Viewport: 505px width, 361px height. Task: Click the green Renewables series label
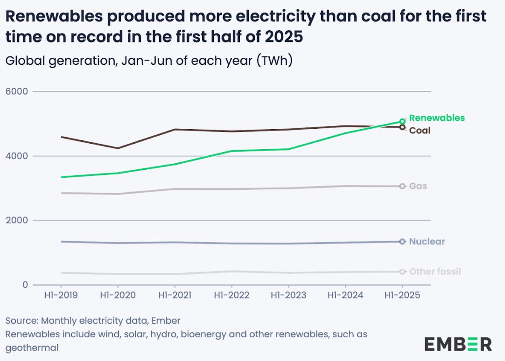click(436, 118)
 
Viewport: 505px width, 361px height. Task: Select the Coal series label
click(420, 131)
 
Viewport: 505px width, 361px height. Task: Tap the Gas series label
click(418, 186)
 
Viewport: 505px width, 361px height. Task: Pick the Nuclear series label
click(427, 242)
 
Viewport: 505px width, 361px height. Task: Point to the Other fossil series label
click(435, 271)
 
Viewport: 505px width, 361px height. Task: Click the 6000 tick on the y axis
click(16, 91)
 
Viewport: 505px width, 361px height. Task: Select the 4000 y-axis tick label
click(16, 156)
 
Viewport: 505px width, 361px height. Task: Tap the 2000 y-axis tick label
click(16, 220)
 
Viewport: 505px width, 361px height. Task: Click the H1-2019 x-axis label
click(61, 296)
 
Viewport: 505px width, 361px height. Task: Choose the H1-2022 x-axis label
click(231, 296)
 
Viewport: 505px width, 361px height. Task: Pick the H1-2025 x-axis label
click(402, 296)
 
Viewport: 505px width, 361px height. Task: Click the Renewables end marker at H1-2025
click(402, 121)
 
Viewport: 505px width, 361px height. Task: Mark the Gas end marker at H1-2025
click(402, 186)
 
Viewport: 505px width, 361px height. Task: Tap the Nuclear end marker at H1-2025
click(402, 241)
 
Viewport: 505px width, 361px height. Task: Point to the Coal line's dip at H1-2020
click(118, 148)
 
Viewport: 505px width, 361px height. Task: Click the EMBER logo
click(457, 344)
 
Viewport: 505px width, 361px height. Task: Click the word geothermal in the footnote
click(32, 348)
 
